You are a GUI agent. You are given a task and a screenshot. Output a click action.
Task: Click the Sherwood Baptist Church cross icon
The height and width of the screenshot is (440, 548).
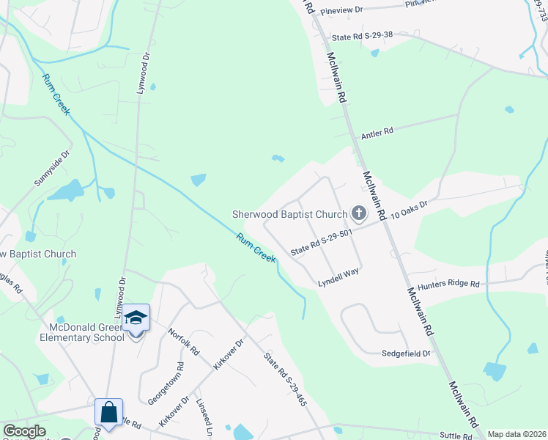358,214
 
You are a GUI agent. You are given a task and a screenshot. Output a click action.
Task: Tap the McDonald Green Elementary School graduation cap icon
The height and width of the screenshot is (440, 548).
136,318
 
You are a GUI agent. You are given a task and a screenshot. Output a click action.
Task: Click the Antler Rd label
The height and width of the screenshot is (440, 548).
377,133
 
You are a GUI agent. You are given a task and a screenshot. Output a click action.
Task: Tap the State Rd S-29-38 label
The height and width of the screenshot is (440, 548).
362,36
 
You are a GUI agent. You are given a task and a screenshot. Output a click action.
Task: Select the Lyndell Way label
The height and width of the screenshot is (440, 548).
338,276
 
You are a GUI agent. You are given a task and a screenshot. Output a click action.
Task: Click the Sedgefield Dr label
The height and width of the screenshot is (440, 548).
406,353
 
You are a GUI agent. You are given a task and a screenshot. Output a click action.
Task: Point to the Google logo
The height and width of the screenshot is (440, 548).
24,431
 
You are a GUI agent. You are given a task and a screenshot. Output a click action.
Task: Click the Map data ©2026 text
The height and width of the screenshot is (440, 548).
517,434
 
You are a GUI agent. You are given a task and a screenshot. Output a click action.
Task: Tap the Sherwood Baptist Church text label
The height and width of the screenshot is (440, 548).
289,215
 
